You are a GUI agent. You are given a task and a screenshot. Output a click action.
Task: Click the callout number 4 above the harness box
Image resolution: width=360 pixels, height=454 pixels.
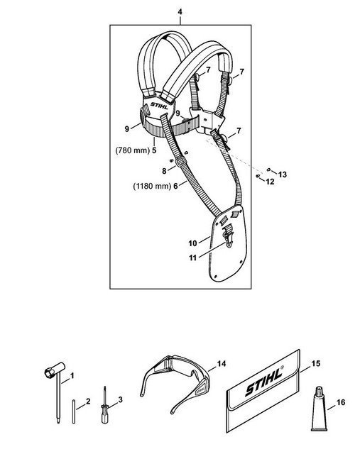click(180, 12)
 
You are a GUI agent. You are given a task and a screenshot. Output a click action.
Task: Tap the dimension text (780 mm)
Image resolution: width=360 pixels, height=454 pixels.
click(132, 150)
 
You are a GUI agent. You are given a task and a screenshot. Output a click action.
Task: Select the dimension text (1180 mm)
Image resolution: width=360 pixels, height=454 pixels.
click(152, 186)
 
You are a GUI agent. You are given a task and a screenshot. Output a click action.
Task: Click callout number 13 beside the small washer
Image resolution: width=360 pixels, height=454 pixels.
click(283, 175)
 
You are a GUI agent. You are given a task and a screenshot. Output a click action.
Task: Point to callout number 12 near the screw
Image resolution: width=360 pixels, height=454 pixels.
click(270, 182)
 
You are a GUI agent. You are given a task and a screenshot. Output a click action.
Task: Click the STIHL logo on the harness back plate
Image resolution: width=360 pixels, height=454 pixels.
click(159, 106)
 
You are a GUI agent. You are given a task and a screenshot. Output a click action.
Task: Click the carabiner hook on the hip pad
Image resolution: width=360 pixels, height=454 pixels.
click(228, 236)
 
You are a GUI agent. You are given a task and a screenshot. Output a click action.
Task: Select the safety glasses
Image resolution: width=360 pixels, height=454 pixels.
click(175, 383)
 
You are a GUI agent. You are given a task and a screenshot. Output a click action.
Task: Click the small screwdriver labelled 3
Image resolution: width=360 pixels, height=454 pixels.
click(105, 405)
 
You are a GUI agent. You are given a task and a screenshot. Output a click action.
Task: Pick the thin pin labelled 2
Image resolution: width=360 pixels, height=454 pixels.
click(74, 411)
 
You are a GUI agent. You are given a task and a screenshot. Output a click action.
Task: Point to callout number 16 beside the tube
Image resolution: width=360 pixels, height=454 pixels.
click(341, 402)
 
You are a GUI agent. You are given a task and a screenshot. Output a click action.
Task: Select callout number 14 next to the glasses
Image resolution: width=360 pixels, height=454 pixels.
click(222, 364)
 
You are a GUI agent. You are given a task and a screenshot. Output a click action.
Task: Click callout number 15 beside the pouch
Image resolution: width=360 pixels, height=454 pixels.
click(316, 363)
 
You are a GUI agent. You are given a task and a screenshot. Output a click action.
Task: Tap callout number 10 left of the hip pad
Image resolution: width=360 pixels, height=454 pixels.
click(192, 243)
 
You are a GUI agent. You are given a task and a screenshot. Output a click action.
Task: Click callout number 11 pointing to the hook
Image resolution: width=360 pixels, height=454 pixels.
click(192, 258)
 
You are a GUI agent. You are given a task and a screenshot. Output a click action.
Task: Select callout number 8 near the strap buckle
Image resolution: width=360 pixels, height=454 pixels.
click(164, 171)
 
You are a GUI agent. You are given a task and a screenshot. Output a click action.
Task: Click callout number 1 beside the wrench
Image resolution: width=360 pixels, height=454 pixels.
click(72, 375)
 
